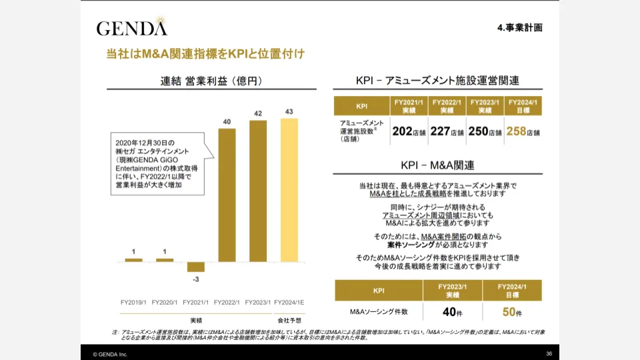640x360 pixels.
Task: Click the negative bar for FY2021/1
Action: (x=196, y=267)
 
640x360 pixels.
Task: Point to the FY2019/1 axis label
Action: (x=133, y=303)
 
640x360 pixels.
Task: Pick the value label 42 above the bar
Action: (x=257, y=113)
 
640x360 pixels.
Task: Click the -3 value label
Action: (x=196, y=278)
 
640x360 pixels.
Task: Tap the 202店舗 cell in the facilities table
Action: (x=409, y=131)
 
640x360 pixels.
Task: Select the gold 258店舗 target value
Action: (x=523, y=131)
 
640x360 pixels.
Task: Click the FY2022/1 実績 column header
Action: (x=447, y=105)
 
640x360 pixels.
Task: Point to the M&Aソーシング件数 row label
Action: (x=378, y=311)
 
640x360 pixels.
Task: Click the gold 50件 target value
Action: (x=512, y=311)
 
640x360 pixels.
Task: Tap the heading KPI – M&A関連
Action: (x=437, y=165)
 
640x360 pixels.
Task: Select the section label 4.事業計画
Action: (x=520, y=28)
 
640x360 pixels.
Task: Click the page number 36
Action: (x=549, y=353)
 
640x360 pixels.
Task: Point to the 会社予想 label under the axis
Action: (x=289, y=320)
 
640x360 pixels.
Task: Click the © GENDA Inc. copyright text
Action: (x=110, y=354)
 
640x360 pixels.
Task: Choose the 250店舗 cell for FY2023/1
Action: (x=485, y=131)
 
